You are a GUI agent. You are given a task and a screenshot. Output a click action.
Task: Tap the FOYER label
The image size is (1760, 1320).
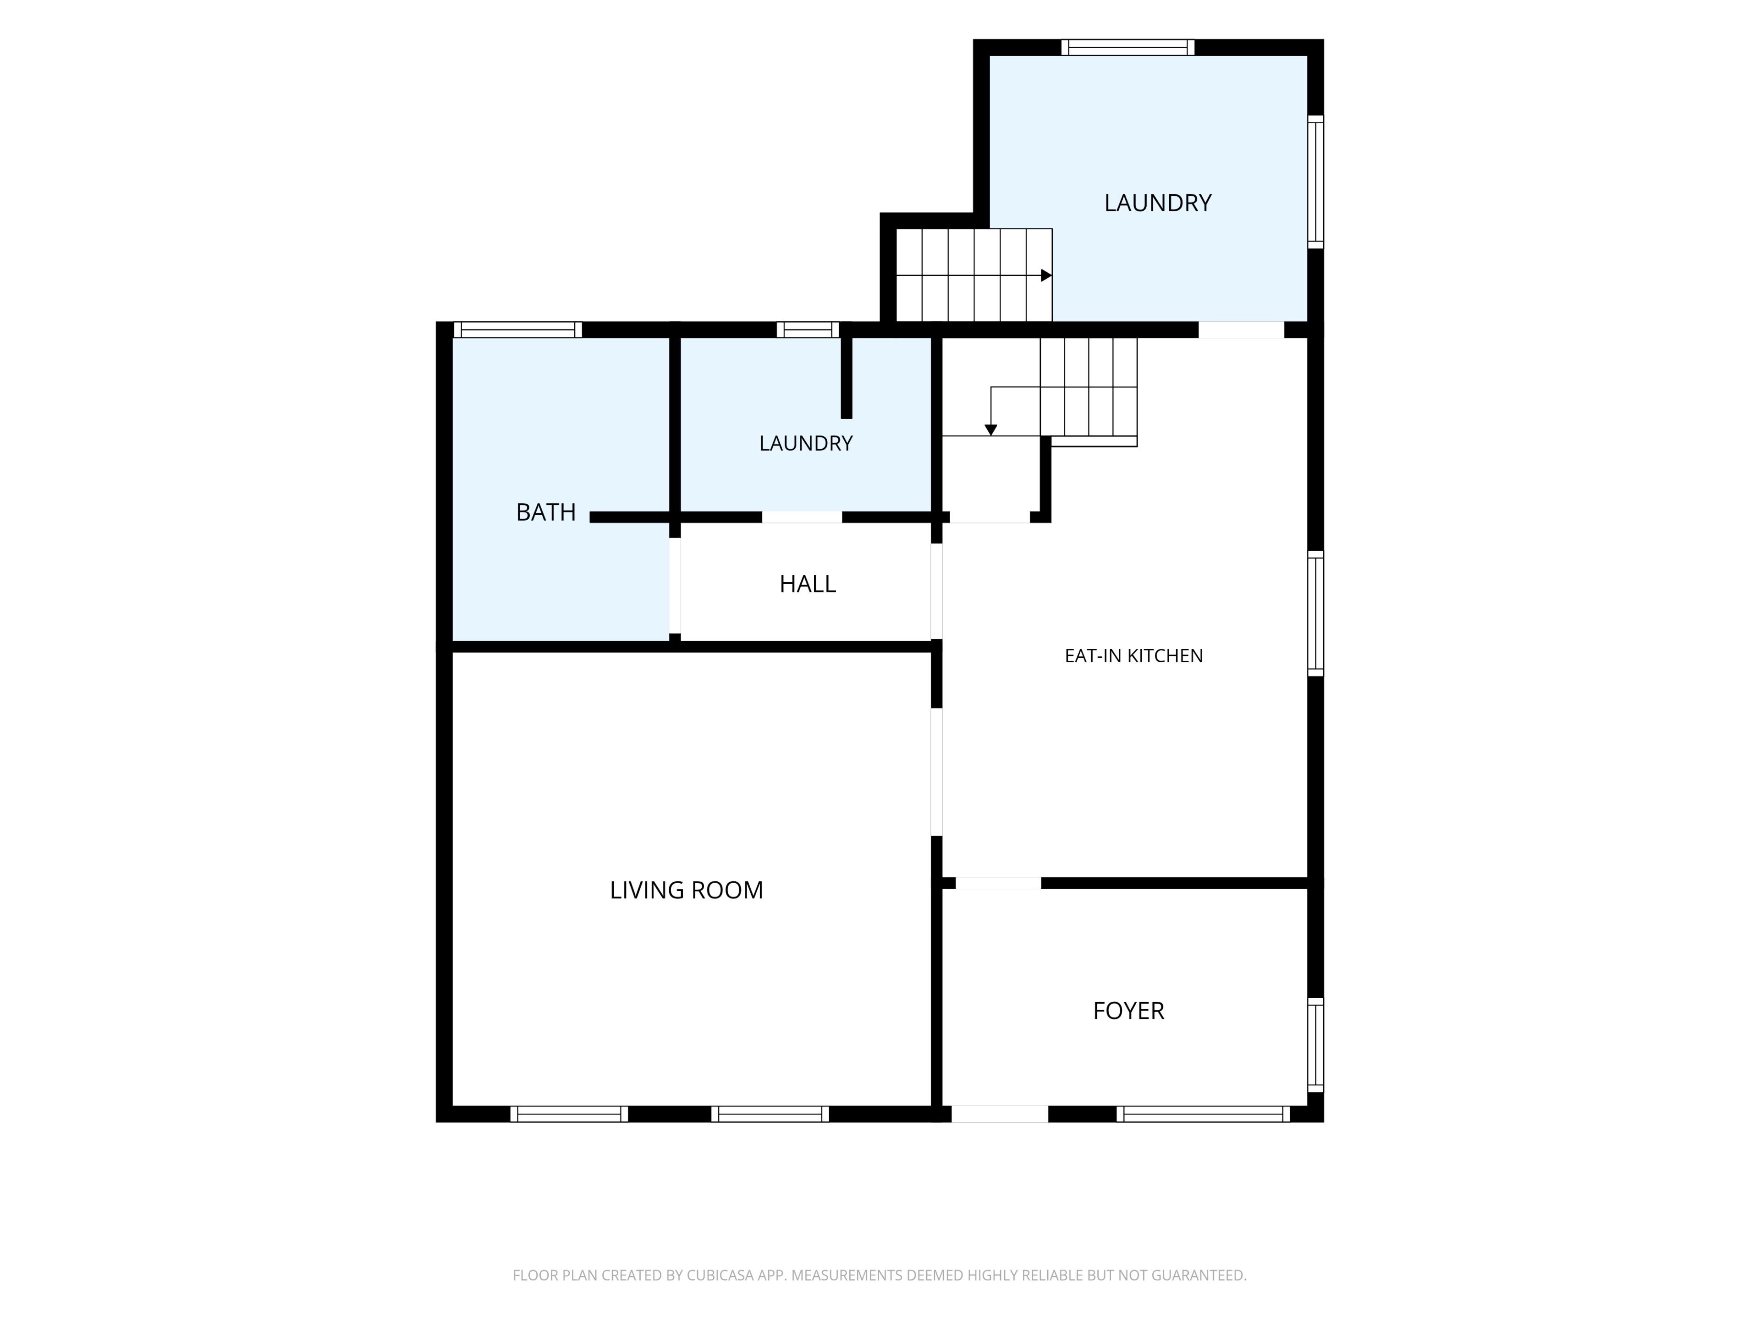point(1128,1011)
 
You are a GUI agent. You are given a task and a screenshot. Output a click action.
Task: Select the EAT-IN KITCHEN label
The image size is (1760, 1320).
point(1134,655)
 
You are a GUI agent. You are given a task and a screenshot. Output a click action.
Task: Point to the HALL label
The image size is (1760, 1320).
point(808,584)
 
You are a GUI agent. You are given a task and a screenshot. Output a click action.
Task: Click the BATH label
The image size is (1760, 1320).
point(546,511)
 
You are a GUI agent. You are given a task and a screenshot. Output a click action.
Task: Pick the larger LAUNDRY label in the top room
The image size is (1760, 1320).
point(1158,203)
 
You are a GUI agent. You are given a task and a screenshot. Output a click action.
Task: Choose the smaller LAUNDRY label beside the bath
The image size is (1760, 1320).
point(806,443)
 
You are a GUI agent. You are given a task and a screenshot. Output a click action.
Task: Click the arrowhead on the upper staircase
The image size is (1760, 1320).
point(1046,275)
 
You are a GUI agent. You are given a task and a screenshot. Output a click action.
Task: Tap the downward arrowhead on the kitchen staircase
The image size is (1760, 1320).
point(990,429)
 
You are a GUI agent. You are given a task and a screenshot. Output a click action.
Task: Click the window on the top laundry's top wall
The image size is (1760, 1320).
point(1128,47)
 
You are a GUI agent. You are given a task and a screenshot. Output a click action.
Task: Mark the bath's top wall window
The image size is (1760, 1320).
point(518,330)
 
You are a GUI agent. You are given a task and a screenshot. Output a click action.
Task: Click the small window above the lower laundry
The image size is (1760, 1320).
point(808,330)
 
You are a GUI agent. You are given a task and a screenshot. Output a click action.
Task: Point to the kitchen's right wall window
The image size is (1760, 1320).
point(1316,613)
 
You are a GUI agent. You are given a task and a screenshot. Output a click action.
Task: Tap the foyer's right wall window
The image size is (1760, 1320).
point(1316,1045)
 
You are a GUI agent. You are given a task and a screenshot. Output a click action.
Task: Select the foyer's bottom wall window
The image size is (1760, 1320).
point(1203,1114)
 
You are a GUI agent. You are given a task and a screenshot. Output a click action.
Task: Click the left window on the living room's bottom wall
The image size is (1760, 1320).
point(569,1114)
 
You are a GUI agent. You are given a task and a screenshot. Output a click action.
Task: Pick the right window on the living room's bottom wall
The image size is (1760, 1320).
point(770,1114)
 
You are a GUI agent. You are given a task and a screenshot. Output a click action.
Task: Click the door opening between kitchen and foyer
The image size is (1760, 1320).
point(999,882)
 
